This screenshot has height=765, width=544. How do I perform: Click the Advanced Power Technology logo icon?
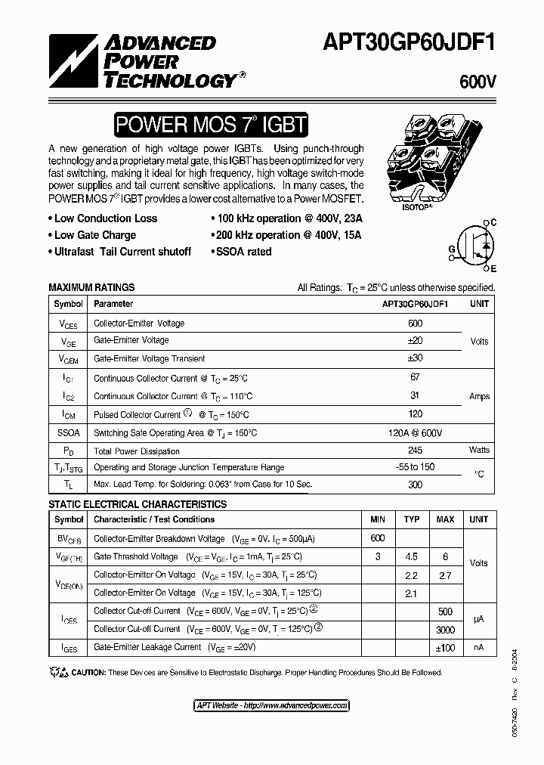pos(72,60)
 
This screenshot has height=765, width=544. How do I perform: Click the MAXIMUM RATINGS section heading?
pos(91,287)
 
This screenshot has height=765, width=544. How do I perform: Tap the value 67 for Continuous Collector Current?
pos(415,377)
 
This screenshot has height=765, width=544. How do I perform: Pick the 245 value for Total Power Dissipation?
pos(415,450)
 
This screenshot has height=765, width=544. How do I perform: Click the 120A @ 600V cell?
pos(415,432)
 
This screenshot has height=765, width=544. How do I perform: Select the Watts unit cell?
pos(479,450)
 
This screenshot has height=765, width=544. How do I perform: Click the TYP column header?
pos(412,519)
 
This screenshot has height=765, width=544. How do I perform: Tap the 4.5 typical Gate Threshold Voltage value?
pos(412,556)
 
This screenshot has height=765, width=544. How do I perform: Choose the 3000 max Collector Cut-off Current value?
pos(445,628)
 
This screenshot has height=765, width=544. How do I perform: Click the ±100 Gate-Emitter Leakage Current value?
pos(445,647)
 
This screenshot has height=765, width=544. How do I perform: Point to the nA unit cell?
pos(479,647)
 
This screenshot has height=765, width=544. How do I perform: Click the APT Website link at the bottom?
pos(271,705)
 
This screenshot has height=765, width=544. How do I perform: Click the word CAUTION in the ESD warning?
pos(89,672)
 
